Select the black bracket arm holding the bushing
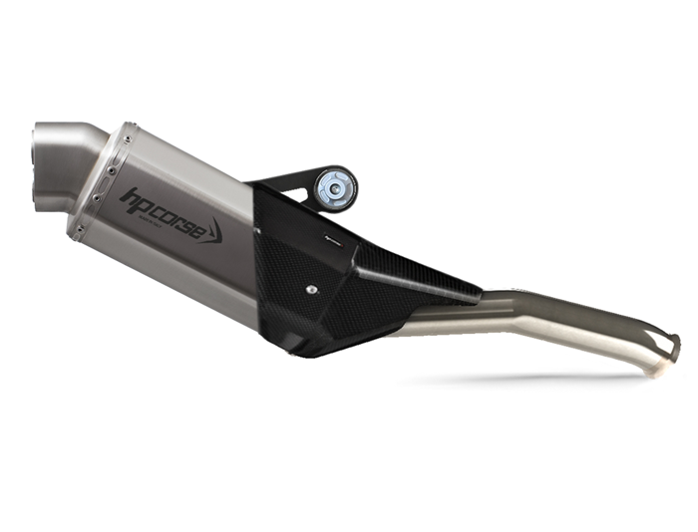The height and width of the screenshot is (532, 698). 284,183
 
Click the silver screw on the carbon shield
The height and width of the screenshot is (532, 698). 313,290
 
